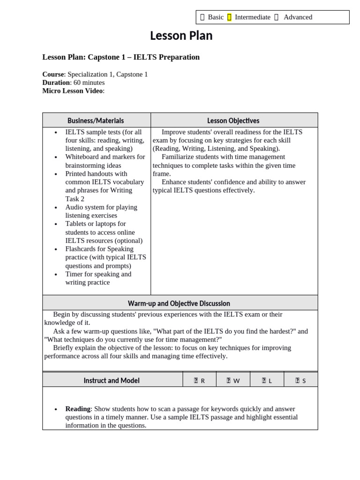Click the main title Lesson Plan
181,36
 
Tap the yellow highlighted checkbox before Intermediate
229,17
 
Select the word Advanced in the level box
298,17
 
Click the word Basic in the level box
216,17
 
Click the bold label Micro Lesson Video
72,91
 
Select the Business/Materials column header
96,120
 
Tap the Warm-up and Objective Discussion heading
179,303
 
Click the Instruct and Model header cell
112,381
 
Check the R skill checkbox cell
199,381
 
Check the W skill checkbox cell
233,381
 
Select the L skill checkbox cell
267,381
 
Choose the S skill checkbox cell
300,381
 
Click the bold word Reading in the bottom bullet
77,409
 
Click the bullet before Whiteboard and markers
56,157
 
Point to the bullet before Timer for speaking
56,275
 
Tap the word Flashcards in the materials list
82,249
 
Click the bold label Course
53,74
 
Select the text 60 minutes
89,82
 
